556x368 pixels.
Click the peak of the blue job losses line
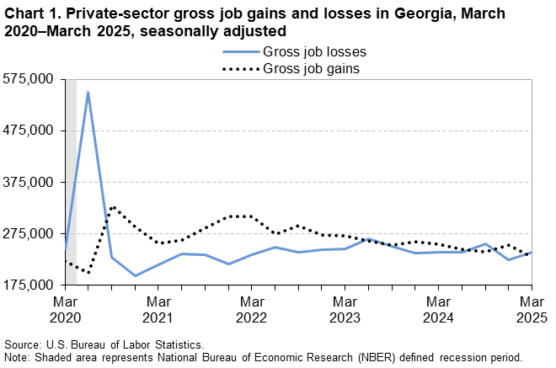click(x=88, y=92)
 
